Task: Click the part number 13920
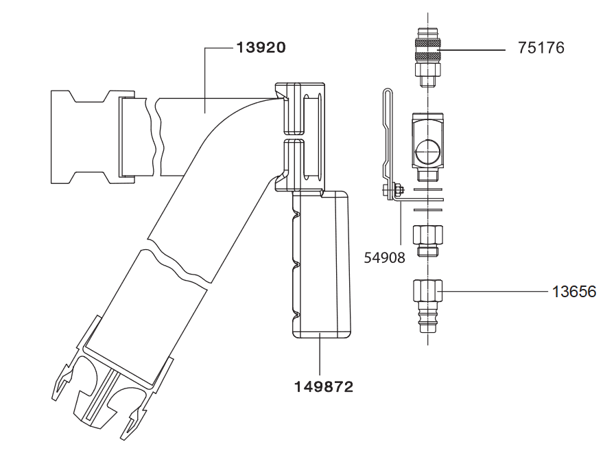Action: (x=261, y=48)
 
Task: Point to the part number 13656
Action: (x=574, y=292)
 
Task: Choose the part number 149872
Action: (x=324, y=387)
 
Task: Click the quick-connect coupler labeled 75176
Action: (x=429, y=55)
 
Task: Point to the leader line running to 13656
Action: (x=494, y=292)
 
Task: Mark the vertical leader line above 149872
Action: (x=320, y=353)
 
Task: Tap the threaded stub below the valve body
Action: (x=429, y=176)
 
